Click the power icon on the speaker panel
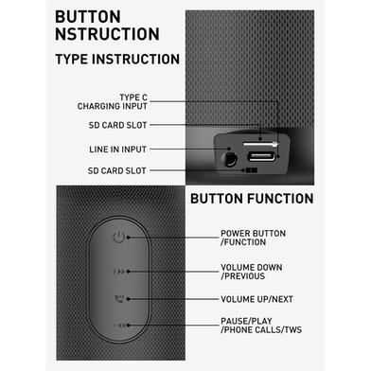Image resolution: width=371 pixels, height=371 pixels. (118, 237)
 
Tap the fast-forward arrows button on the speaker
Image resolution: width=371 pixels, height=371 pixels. (119, 272)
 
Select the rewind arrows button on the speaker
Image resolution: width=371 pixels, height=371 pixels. (119, 326)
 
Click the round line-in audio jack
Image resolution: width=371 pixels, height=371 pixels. (229, 159)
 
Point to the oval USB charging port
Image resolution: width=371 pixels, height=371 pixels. (260, 156)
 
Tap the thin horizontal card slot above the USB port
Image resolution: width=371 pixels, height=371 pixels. (260, 144)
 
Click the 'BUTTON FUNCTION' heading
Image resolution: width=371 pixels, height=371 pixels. (252, 199)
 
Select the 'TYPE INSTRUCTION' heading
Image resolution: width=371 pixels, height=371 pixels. (117, 60)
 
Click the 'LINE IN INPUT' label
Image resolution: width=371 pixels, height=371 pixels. (117, 150)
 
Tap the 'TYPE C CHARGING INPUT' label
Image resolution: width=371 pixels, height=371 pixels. (113, 102)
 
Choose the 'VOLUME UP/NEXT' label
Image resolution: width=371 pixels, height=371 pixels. (256, 299)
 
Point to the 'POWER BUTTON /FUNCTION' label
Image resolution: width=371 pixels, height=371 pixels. (253, 238)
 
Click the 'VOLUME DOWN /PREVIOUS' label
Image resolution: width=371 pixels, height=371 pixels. (252, 272)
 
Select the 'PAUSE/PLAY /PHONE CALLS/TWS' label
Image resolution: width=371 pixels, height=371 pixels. (261, 326)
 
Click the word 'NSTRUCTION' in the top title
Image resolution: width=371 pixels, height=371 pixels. (107, 34)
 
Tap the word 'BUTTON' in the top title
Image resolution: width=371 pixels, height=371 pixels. (88, 17)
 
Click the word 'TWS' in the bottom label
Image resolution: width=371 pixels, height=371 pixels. (293, 330)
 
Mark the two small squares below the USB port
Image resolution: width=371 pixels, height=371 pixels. (252, 170)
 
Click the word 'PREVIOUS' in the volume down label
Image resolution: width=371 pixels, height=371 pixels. (244, 276)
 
